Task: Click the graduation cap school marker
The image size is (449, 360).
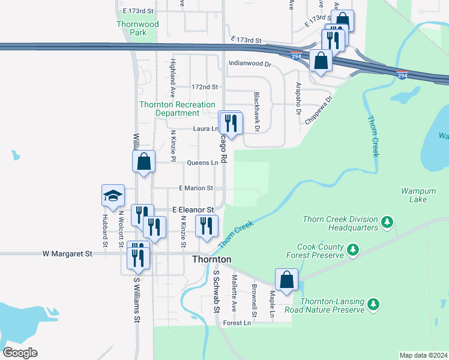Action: pos(113,196)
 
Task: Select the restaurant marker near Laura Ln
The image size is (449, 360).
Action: pos(231,124)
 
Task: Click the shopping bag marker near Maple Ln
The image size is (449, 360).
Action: pos(287,280)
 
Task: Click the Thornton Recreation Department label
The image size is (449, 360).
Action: pos(177,109)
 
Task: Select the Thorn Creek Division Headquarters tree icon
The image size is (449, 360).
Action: pos(388,223)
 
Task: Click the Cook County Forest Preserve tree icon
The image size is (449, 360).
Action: pos(354,248)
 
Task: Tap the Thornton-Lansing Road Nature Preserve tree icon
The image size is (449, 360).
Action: pos(374,304)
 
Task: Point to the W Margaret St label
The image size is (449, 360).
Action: pos(67,254)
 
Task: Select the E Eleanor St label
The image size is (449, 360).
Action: pos(193,210)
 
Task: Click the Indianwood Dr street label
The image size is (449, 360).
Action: pos(250,63)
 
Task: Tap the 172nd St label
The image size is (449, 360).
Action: pos(204,87)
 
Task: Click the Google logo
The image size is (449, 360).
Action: pos(20,353)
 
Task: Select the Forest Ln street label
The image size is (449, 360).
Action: pos(237,323)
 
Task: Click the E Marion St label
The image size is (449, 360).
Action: pos(196,188)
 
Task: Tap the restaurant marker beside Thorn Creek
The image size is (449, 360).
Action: pos(206,227)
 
